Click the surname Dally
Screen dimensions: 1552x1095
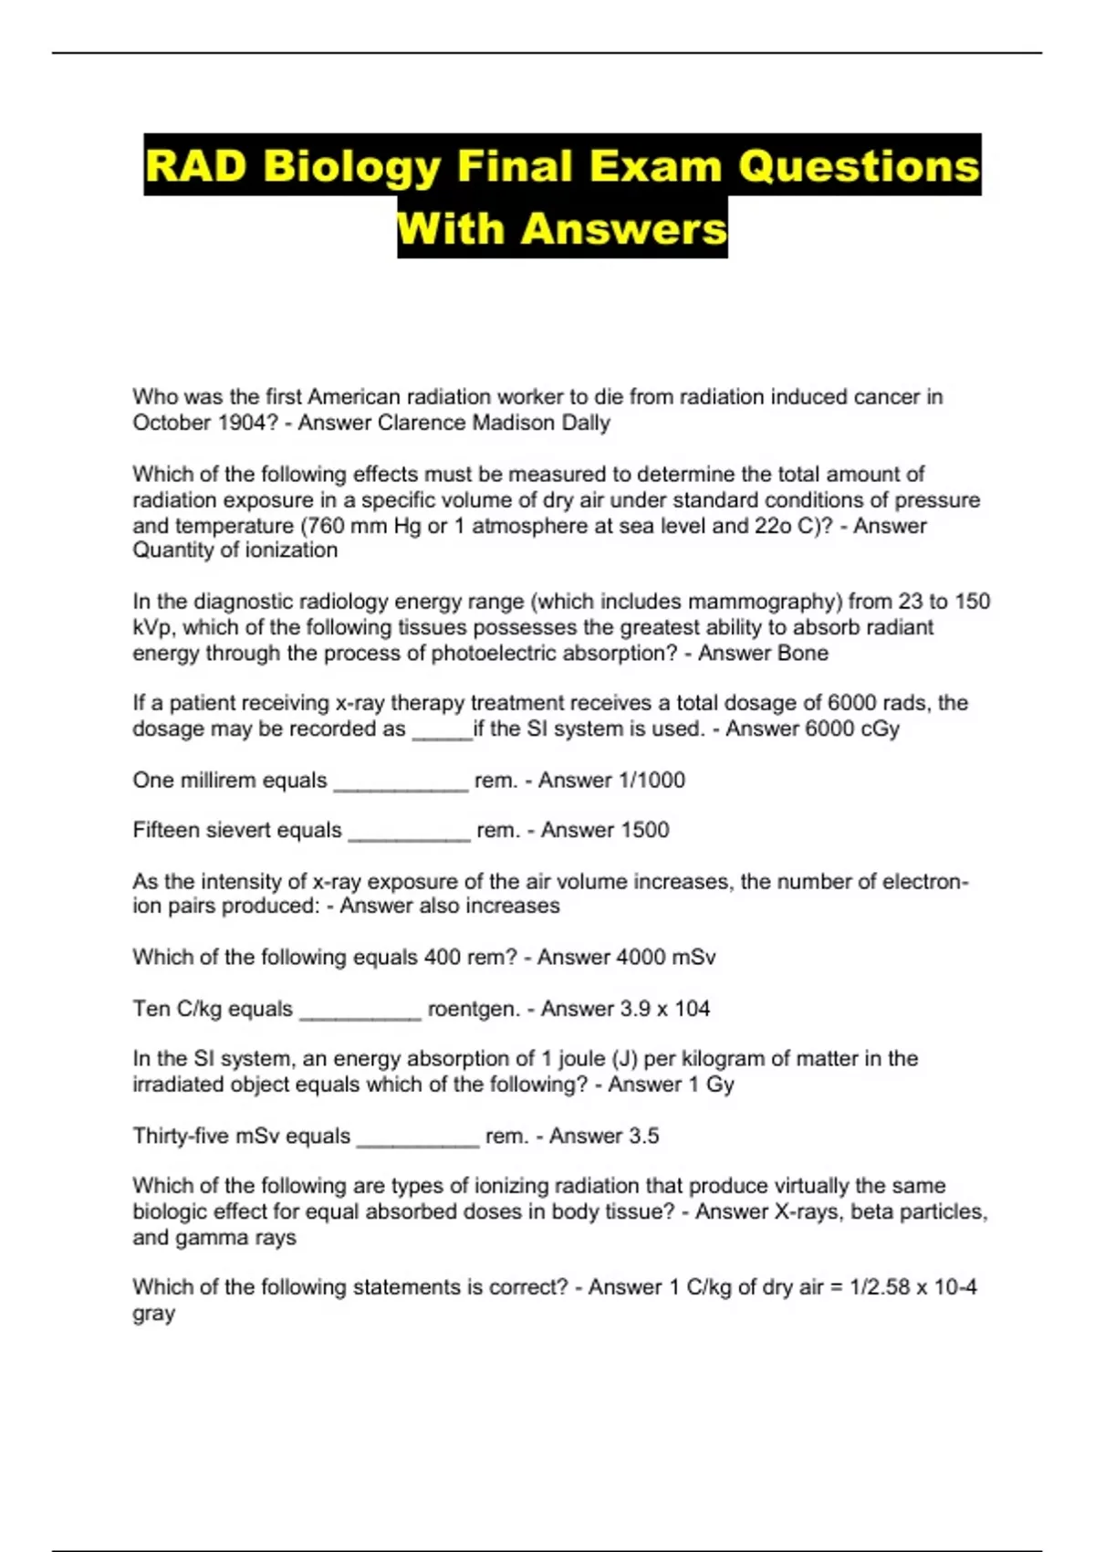586,423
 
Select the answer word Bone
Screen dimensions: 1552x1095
799,653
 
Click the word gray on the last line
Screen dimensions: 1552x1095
153,1314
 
